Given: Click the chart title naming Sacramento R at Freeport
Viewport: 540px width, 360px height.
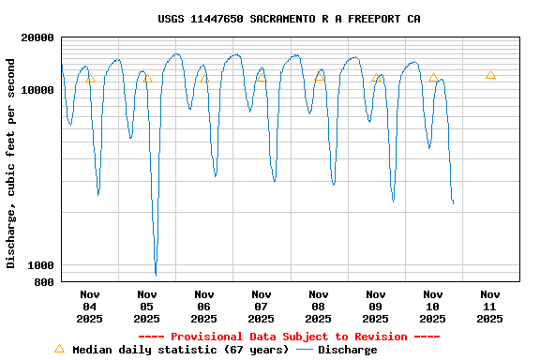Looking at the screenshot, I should (x=289, y=19).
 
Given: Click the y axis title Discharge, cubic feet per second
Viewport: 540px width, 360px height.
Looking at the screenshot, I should (x=11, y=163).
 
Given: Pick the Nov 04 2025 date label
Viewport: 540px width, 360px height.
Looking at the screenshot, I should (x=89, y=307).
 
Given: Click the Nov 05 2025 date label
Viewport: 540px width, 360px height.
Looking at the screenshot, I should (x=146, y=307).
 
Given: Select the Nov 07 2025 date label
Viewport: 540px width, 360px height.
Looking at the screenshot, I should (x=261, y=307).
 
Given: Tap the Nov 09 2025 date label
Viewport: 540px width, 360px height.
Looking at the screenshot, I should (x=375, y=307).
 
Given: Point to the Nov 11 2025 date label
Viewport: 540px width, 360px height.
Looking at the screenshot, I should (x=489, y=307).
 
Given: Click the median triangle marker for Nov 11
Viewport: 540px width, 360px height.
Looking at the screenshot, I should (x=490, y=75).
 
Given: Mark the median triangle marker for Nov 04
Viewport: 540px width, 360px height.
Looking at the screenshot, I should (x=90, y=79).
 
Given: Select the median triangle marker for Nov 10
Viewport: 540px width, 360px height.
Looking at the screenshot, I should (x=433, y=78).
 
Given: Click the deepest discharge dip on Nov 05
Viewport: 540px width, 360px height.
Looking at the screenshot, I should (x=156, y=275).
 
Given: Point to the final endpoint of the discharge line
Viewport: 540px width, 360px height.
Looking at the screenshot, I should (x=453, y=202).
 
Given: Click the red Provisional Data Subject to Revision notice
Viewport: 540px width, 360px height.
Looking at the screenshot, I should (x=289, y=337).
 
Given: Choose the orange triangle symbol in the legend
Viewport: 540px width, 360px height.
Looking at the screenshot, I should (x=59, y=349).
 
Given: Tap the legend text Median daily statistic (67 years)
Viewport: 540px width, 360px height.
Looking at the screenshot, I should (x=180, y=350).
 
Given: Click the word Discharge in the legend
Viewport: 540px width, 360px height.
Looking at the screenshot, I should (x=347, y=350).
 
